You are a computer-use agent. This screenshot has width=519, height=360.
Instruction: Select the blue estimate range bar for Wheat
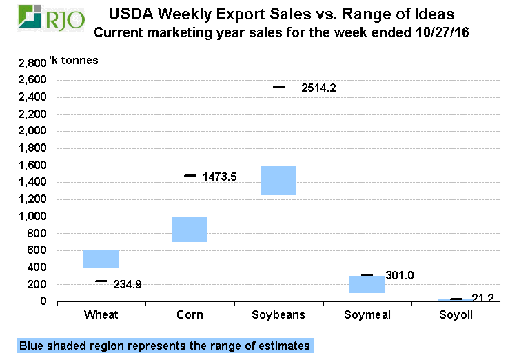click(101, 259)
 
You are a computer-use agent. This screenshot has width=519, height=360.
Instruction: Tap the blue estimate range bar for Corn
click(190, 229)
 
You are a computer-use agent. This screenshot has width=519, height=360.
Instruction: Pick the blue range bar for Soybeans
click(278, 180)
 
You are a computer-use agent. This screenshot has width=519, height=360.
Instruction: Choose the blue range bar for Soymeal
click(367, 284)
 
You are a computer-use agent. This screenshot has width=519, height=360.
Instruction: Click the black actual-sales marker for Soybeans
click(278, 87)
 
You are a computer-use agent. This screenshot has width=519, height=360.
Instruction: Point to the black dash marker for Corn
click(190, 175)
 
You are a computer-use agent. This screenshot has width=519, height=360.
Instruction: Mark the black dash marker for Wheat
click(101, 281)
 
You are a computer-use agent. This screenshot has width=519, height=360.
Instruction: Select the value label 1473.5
click(220, 177)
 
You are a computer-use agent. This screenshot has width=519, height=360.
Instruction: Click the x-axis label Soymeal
click(367, 315)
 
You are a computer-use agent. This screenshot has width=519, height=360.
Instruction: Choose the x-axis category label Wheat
click(101, 315)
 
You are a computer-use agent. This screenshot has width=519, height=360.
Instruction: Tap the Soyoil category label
click(456, 315)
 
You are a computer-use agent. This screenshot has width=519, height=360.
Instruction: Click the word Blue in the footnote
click(32, 346)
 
